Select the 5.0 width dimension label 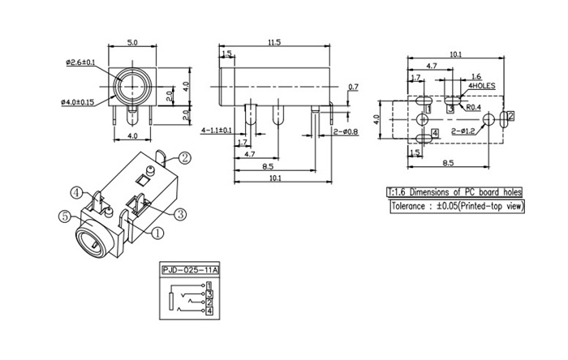coord(131,41)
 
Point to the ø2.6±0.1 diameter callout coord(81,62)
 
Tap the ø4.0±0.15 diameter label coord(78,102)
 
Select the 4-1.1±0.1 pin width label coord(216,130)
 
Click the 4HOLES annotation coord(481,84)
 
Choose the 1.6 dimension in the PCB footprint coord(453,74)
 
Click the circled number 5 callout coord(66,216)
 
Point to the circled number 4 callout coord(76,193)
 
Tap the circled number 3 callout coord(181,213)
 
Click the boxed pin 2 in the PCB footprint coord(510,118)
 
